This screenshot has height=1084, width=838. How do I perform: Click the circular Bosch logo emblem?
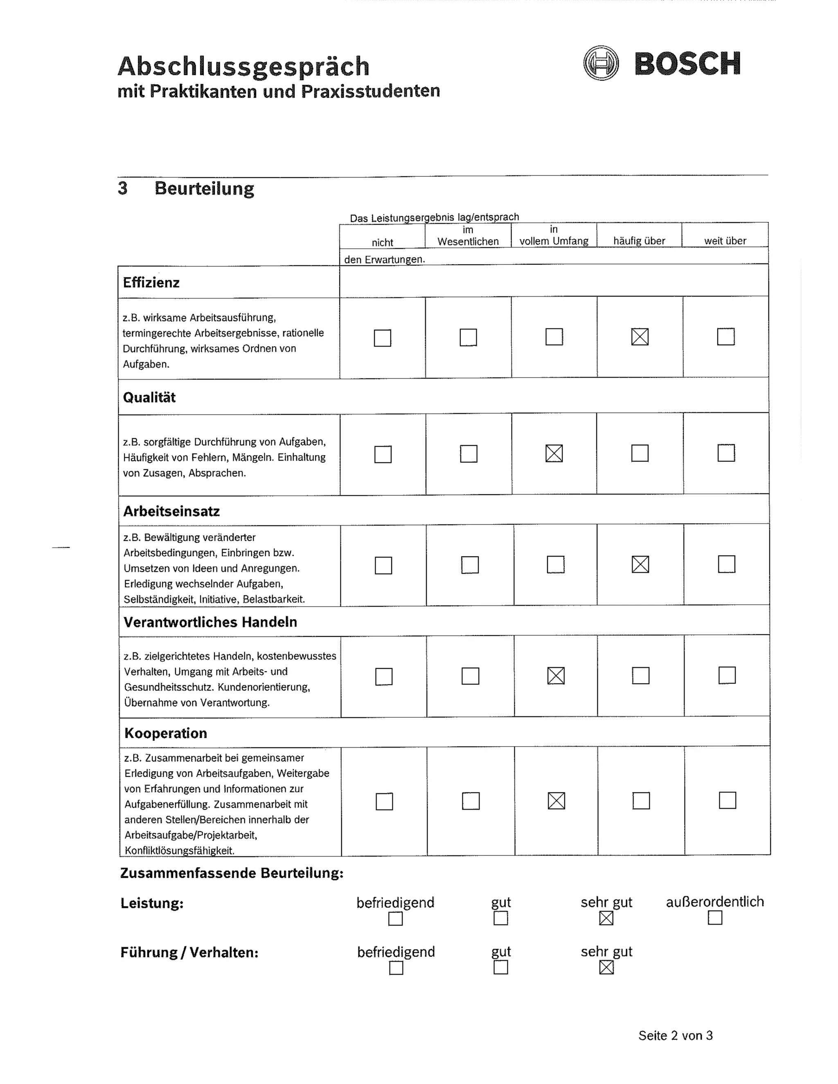click(x=601, y=63)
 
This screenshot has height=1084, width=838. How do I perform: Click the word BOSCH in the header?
click(x=687, y=64)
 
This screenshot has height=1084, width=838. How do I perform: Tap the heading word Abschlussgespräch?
click(x=243, y=67)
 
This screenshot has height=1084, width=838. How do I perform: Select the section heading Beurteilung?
click(x=204, y=189)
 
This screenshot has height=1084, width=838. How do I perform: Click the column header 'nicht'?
click(x=382, y=242)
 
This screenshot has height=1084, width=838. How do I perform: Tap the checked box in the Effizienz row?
click(x=640, y=337)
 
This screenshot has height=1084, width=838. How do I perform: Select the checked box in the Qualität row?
click(x=554, y=453)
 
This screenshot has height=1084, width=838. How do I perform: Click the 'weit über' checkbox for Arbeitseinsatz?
click(x=726, y=564)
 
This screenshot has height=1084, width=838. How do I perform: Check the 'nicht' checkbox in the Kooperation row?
click(x=384, y=801)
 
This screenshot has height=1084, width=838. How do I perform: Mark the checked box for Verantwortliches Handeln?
click(x=556, y=675)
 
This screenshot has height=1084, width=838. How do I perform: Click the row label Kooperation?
click(x=165, y=733)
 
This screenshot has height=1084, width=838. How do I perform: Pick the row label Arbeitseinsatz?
click(x=171, y=511)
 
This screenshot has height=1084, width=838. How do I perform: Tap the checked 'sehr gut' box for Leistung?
click(x=606, y=918)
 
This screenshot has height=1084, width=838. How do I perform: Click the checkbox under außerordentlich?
click(x=715, y=918)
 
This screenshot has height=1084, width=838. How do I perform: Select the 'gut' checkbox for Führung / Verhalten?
click(x=501, y=967)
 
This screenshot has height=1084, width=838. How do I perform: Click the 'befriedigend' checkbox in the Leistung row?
click(x=395, y=919)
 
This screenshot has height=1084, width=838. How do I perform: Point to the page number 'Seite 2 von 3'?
click(x=675, y=1035)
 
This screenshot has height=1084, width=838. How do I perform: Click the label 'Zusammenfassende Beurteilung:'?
click(x=232, y=873)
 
